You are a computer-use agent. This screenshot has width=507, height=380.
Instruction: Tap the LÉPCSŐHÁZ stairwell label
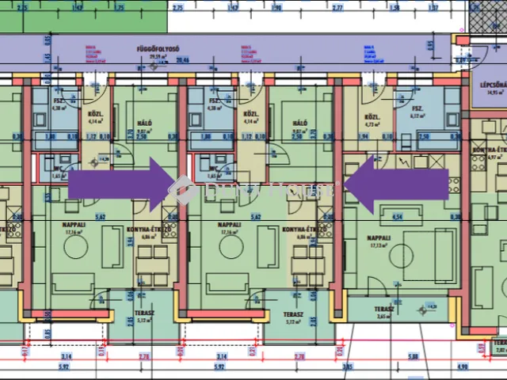point(489,84)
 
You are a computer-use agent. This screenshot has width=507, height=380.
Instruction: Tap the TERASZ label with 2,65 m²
point(383,310)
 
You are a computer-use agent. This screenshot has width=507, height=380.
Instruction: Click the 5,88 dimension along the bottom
point(413,357)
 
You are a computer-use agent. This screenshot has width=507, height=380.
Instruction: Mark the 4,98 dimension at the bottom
point(463,367)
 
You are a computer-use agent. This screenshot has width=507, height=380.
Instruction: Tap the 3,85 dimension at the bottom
point(346,367)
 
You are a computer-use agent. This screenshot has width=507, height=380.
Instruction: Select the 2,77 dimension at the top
point(337,7)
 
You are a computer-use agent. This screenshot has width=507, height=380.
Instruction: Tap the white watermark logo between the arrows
point(185,190)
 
